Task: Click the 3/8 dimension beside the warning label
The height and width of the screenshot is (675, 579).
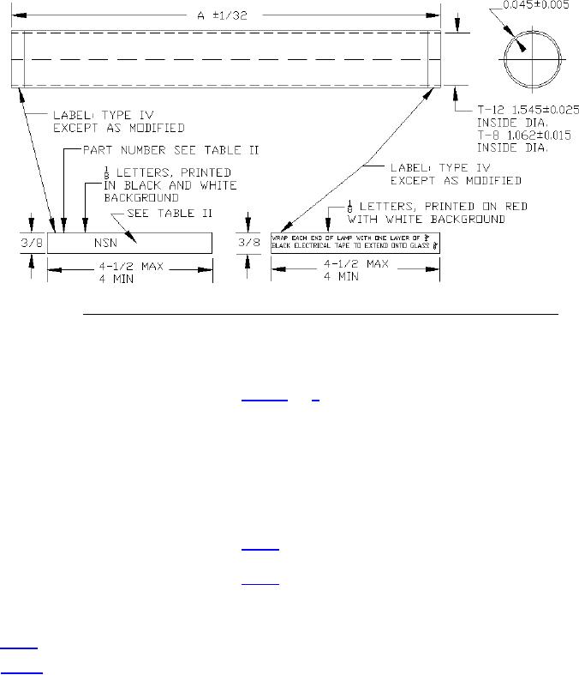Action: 247,244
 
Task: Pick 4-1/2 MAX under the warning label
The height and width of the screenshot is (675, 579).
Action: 355,266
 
